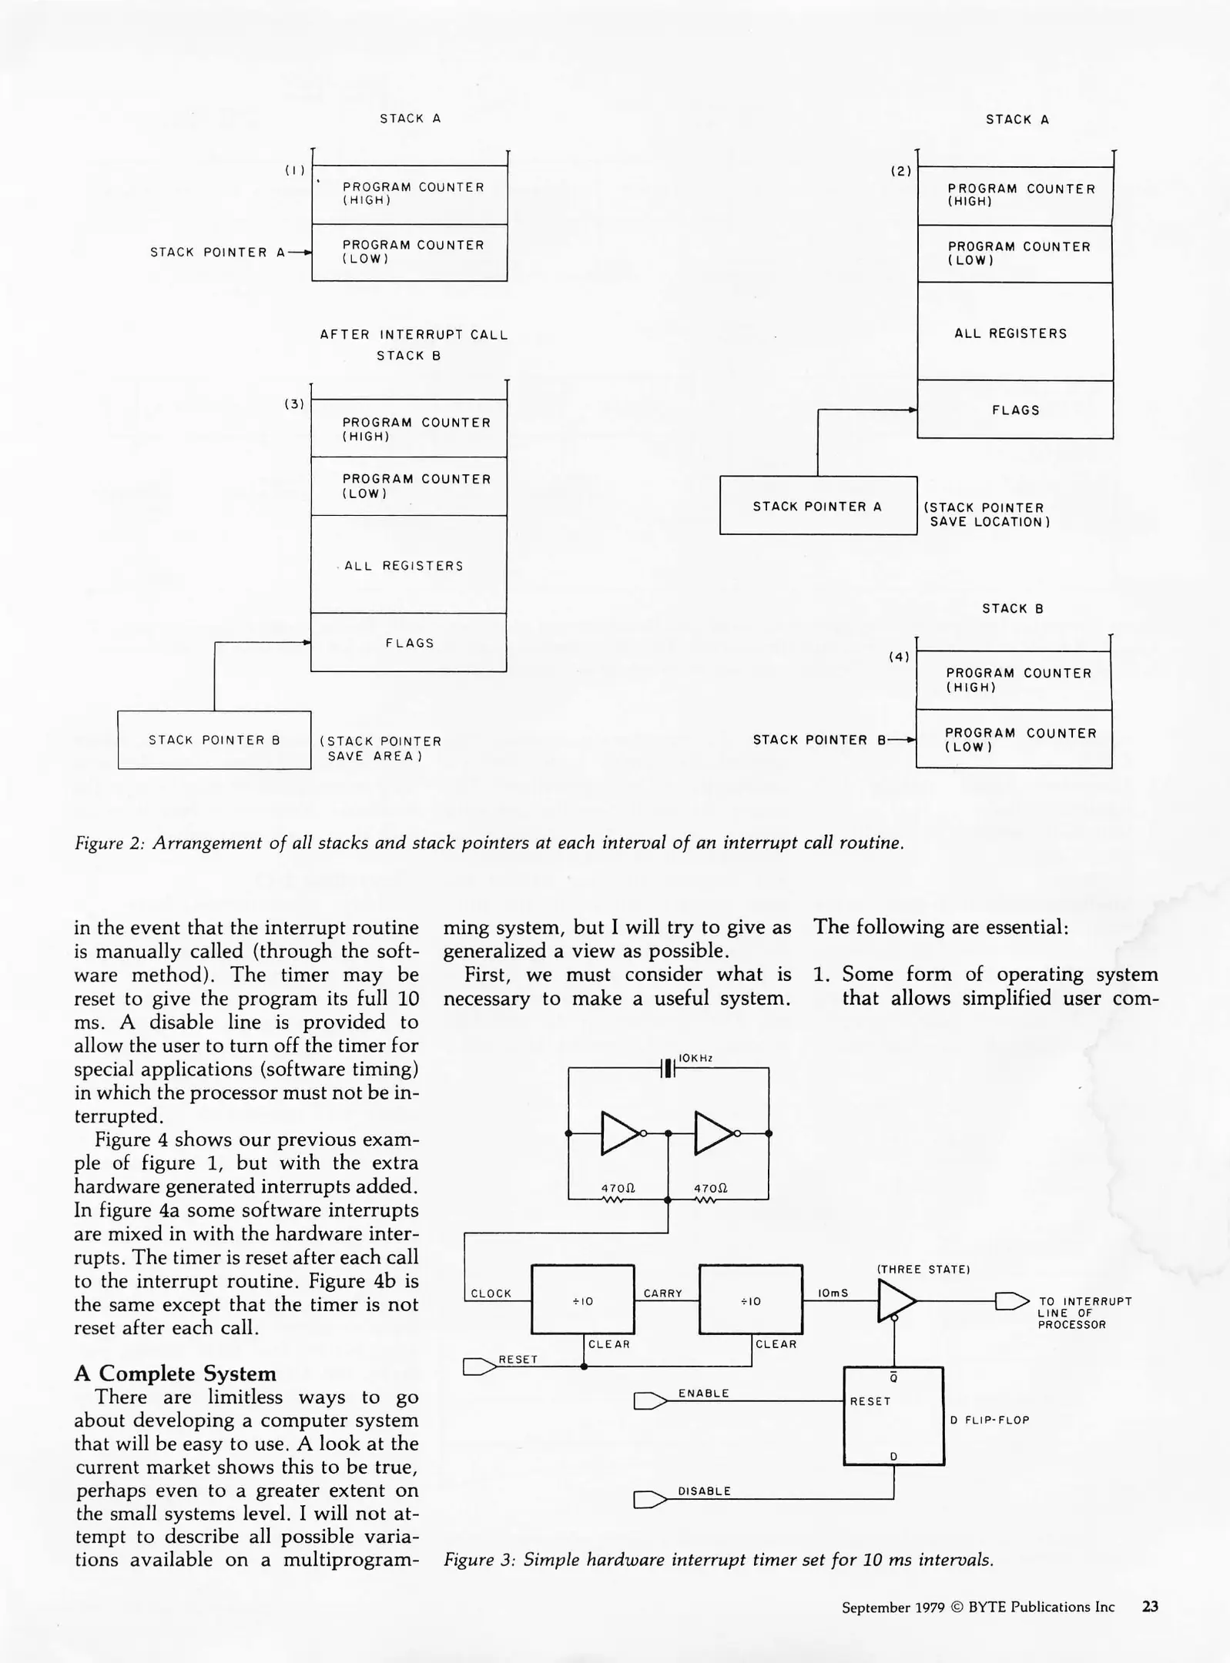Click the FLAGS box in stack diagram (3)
coord(409,643)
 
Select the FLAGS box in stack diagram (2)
coord(1015,410)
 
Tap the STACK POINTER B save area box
coord(214,740)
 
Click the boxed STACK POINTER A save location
coord(818,506)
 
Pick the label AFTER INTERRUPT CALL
coord(414,335)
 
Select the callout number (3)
coord(294,404)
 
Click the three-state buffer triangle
coord(896,1301)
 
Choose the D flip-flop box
coord(893,1417)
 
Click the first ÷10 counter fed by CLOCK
coord(583,1300)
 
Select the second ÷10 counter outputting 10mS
coord(751,1300)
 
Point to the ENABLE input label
coord(703,1393)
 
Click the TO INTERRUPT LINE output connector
coord(1011,1301)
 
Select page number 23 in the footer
coord(1150,1607)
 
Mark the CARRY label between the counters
coord(662,1293)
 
